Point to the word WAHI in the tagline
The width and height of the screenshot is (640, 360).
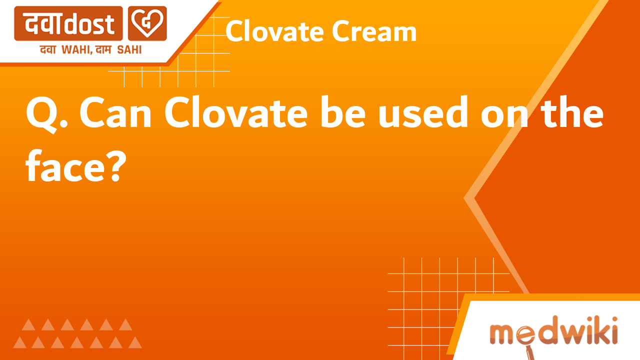click(x=75, y=49)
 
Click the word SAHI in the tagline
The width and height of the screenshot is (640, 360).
click(x=129, y=49)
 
